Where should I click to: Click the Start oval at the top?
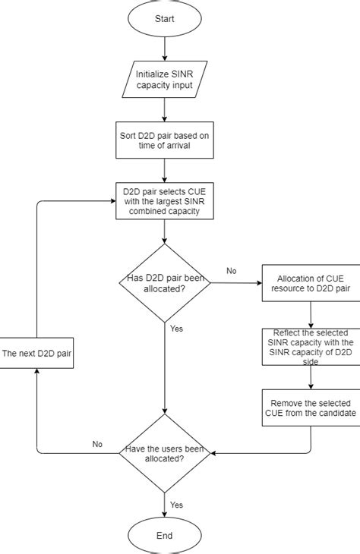[165, 18]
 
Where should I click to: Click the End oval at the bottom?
[165, 535]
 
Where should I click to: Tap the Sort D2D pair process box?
[165, 140]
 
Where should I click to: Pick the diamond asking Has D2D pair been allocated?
[165, 284]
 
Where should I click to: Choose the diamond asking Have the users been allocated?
[165, 453]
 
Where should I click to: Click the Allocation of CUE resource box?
[311, 284]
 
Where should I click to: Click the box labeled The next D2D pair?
[37, 354]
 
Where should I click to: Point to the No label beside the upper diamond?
[232, 271]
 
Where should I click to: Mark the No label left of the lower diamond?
[97, 445]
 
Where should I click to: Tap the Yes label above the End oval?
[177, 504]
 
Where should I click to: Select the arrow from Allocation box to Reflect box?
[311, 313]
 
